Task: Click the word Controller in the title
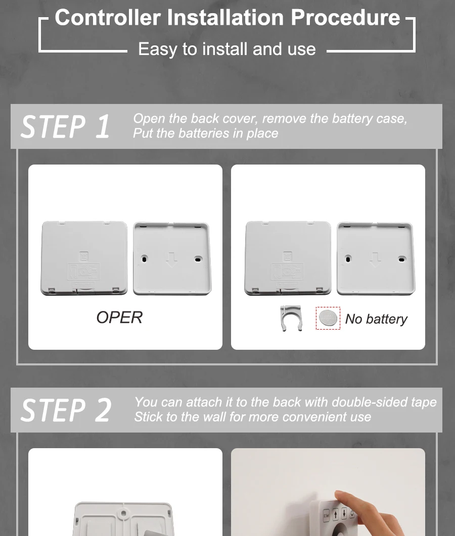108,18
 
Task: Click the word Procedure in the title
345,18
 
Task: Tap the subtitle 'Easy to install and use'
226,49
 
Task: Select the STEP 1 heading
65,127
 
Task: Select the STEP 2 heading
66,410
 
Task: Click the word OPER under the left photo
119,317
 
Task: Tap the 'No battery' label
376,319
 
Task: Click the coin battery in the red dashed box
328,318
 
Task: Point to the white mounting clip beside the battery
291,318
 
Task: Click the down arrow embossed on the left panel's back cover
171,260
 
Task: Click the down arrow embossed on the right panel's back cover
375,260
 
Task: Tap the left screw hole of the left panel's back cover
145,259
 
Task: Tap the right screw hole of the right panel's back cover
401,259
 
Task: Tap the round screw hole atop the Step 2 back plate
123,513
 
